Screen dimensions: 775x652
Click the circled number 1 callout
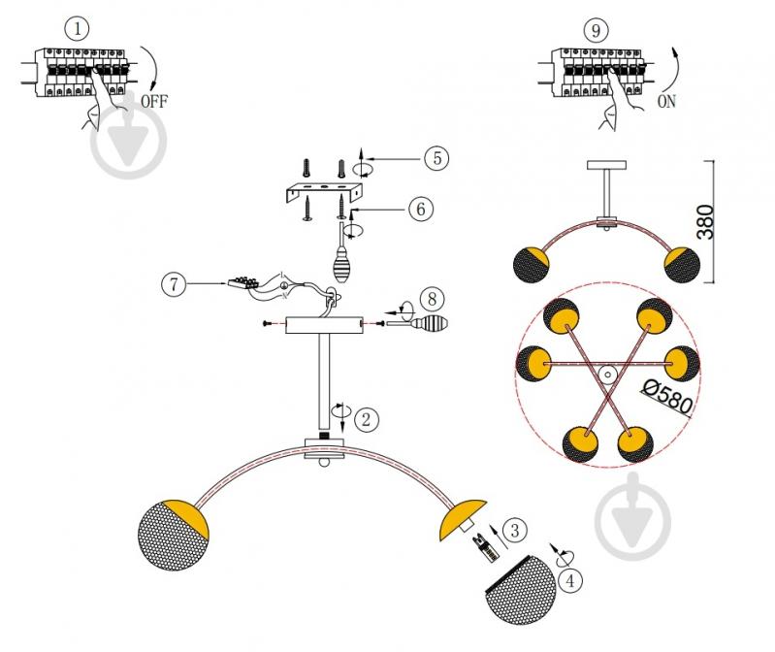click(77, 29)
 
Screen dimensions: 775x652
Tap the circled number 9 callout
click(597, 31)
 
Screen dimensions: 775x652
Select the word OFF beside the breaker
click(154, 101)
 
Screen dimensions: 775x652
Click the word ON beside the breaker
click(666, 101)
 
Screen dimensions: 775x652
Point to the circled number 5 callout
click(436, 158)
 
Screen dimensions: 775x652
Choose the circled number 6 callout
click(421, 209)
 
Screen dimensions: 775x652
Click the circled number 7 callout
click(174, 284)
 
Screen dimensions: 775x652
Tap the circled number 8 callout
click(432, 299)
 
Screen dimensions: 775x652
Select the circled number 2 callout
click(367, 420)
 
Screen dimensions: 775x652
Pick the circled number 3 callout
click(515, 530)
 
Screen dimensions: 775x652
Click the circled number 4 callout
click(570, 580)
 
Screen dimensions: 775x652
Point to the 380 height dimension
click(705, 222)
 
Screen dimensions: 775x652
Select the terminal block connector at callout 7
click(242, 282)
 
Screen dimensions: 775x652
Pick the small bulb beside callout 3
click(486, 548)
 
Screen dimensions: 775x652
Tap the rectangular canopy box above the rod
click(324, 325)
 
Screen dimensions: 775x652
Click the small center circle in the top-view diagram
click(607, 375)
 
